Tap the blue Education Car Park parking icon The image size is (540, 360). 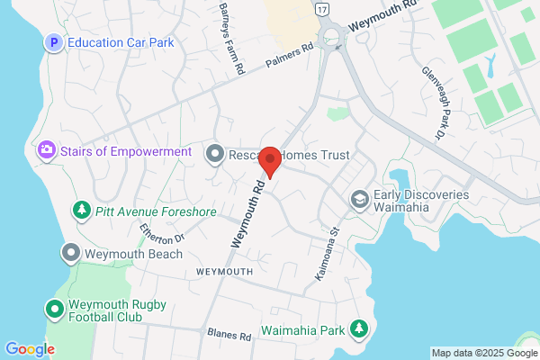click(x=53, y=42)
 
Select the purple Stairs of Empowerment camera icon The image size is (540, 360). click(x=45, y=151)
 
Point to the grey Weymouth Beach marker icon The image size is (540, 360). click(x=71, y=254)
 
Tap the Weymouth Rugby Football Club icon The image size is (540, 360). click(x=54, y=310)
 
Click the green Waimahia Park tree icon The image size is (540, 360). click(x=360, y=329)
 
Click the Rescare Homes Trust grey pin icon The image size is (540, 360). click(x=214, y=154)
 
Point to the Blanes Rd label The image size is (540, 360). click(x=228, y=336)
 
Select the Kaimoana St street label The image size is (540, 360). click(x=326, y=251)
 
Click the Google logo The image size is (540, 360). click(x=30, y=348)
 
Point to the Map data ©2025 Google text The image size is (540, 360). click(x=482, y=352)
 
